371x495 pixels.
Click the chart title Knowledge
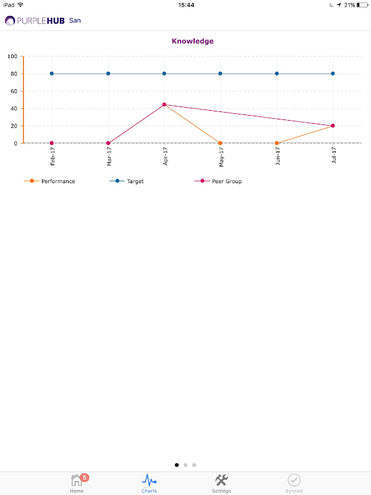point(192,41)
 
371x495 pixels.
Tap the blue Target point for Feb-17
point(52,74)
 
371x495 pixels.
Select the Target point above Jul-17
point(333,74)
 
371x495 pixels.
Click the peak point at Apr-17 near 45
point(164,105)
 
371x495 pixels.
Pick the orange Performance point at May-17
point(220,143)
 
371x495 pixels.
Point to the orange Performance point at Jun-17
point(276,143)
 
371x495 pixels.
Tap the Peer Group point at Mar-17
point(108,143)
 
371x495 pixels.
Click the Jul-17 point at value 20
point(333,126)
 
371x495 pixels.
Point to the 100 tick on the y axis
point(12,56)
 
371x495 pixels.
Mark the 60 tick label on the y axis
point(14,91)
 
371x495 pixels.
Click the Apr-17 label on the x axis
point(165,156)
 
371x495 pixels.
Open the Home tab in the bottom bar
point(77,483)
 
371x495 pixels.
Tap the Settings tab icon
point(221,480)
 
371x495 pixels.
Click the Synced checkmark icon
point(294,480)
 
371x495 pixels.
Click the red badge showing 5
point(85,477)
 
